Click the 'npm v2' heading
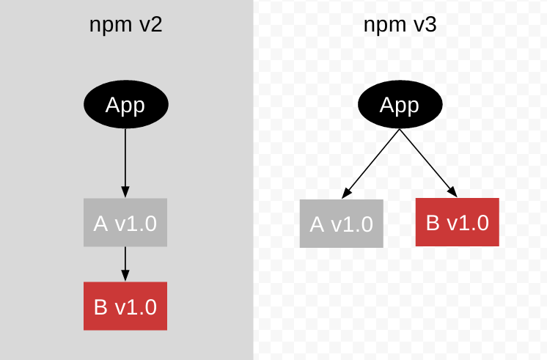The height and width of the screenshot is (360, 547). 125,25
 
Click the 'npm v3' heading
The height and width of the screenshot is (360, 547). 400,25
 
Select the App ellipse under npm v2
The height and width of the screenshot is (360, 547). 125,105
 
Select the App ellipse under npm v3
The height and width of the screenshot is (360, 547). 400,105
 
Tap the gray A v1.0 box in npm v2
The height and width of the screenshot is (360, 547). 125,222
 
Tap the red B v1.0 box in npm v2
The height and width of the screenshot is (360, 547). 125,306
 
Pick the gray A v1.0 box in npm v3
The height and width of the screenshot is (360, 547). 341,224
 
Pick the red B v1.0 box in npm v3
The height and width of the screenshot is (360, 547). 458,222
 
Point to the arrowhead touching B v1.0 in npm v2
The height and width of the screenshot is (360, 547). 125,276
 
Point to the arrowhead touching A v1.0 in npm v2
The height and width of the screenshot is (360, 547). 125,192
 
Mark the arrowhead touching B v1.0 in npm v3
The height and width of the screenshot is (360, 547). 453,192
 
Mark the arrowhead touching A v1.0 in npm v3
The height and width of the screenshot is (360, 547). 346,193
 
